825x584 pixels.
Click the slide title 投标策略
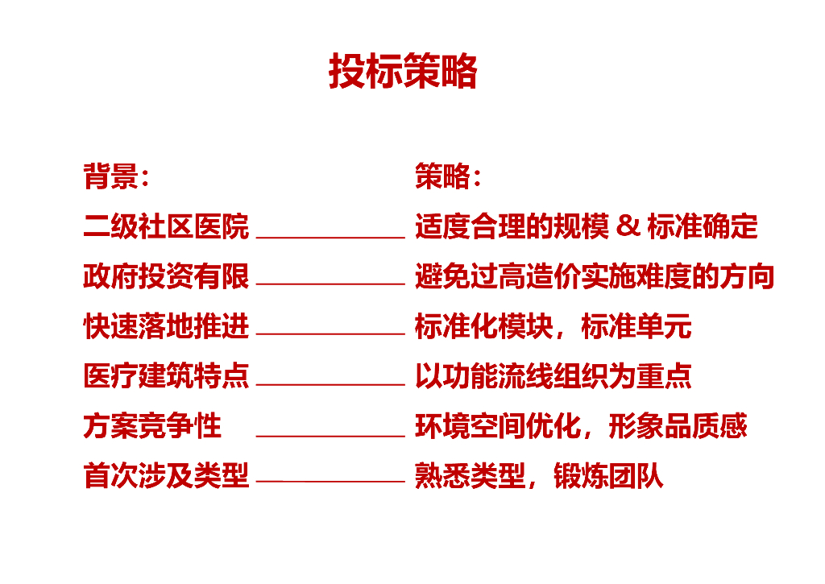coord(403,71)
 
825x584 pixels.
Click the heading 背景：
coord(116,176)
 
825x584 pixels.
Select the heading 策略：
coord(448,176)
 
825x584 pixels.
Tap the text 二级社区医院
coord(166,227)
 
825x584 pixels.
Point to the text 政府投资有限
coord(166,276)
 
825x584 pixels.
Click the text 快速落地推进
coord(166,326)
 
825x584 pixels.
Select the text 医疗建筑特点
coord(166,376)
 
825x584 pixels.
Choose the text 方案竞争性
coord(152,425)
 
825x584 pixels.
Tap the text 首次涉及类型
coord(166,475)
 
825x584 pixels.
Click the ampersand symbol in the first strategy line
coord(627,227)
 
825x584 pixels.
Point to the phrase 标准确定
coord(703,227)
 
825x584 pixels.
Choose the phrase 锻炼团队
coord(609,475)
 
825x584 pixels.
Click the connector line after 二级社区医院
coord(330,238)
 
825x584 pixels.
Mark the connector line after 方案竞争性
coord(330,436)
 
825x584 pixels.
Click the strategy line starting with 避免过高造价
coord(595,276)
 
